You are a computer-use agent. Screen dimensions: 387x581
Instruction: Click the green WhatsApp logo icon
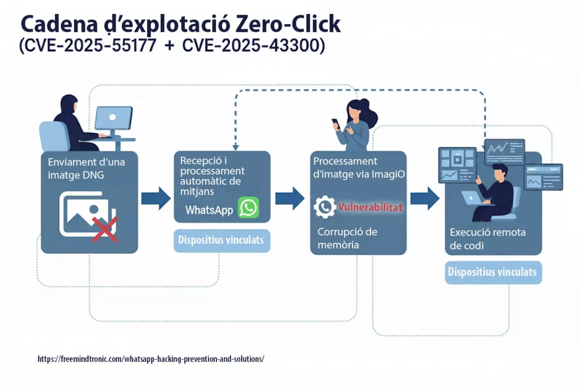click(x=248, y=208)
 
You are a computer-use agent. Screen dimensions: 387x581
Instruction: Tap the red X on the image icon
click(x=105, y=229)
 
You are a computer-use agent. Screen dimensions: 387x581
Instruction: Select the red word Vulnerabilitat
click(x=370, y=208)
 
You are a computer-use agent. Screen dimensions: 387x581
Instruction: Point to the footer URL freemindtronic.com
click(x=151, y=359)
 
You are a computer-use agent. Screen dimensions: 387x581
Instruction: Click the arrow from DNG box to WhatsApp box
click(x=155, y=198)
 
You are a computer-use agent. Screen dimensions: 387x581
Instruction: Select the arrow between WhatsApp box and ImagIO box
click(x=290, y=198)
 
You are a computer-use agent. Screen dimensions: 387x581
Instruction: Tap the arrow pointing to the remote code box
click(x=425, y=198)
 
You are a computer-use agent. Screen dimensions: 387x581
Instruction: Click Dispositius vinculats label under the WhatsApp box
click(x=222, y=240)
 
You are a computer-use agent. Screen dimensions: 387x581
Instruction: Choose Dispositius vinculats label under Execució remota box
click(x=492, y=272)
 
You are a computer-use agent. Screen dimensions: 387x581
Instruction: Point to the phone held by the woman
click(x=336, y=123)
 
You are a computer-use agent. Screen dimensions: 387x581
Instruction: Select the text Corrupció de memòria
click(x=347, y=238)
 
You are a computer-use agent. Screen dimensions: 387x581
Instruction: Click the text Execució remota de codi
click(x=487, y=239)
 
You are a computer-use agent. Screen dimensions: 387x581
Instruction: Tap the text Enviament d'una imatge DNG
click(x=86, y=168)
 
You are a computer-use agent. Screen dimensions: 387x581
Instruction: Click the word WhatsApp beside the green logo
click(x=209, y=210)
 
